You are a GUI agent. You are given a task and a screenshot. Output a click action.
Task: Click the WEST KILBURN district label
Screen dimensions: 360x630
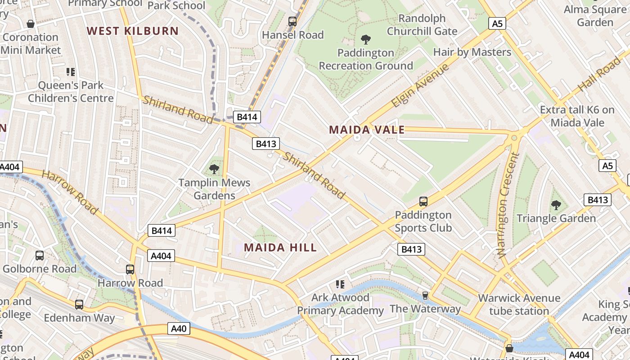pos(133,31)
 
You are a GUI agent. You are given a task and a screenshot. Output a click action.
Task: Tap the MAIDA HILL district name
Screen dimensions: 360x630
pos(280,247)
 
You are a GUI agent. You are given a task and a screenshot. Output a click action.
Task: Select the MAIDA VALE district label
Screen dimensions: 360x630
pos(367,130)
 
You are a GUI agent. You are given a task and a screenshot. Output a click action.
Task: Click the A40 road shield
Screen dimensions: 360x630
pos(179,328)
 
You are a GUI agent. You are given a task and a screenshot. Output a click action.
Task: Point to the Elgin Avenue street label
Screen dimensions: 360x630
pos(420,85)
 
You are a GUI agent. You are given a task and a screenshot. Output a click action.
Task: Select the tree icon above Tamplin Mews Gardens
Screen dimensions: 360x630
pos(214,169)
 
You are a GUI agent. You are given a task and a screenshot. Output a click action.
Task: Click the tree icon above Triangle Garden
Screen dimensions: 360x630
pos(556,205)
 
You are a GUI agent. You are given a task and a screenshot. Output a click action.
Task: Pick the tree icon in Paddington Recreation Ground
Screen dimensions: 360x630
pos(366,40)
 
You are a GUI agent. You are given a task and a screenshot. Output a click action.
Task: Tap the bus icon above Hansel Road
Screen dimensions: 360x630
pos(292,21)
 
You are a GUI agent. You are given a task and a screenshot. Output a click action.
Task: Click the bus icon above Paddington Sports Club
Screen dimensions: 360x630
pos(423,202)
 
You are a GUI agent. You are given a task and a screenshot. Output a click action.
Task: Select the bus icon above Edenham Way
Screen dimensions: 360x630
pos(79,305)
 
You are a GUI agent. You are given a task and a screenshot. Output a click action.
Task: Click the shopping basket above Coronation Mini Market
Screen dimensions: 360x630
pos(31,24)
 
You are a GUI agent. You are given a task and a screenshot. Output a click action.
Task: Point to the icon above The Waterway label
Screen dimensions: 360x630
pos(425,296)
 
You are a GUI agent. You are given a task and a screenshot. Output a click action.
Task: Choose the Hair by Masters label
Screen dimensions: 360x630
pos(472,52)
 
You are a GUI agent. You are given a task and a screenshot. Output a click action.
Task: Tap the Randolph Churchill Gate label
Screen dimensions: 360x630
pos(422,25)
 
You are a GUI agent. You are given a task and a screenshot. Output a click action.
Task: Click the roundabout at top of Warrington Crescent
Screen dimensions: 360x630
pos(514,138)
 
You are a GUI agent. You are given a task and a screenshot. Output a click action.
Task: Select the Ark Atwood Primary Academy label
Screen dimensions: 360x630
pos(340,304)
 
